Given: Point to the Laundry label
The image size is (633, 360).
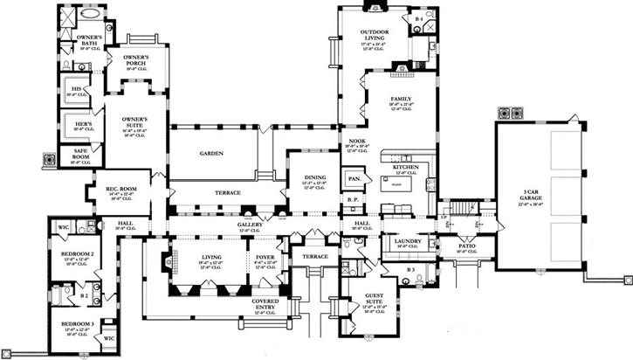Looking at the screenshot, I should (x=409, y=242).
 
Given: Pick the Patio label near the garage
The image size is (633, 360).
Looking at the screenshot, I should (x=466, y=247).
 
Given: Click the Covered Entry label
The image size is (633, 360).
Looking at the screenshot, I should (x=266, y=304).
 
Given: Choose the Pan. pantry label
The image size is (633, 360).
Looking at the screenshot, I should (x=354, y=179).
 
